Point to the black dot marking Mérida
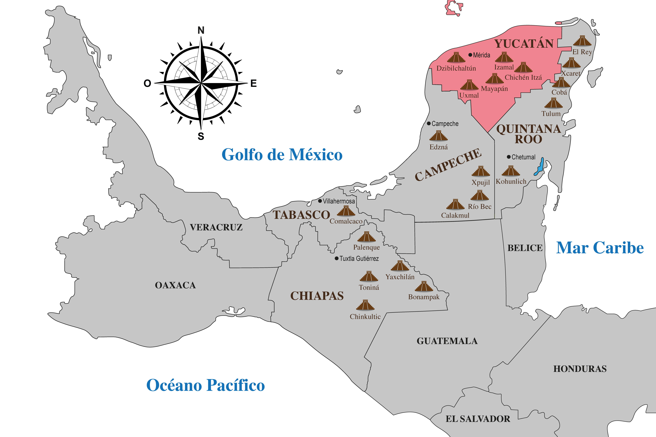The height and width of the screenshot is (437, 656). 470,55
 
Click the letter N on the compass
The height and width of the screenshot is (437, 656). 201,30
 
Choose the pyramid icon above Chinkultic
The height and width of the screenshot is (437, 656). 365,305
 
